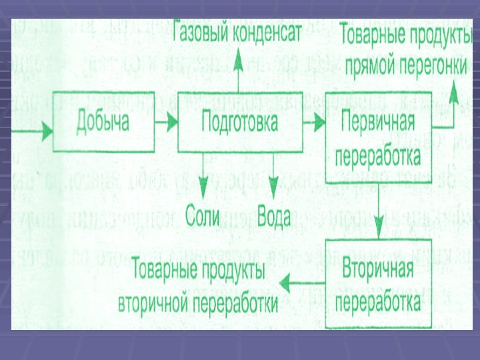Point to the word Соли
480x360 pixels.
point(203,217)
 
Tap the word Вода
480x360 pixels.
point(273,217)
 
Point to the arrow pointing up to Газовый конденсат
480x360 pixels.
point(238,73)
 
